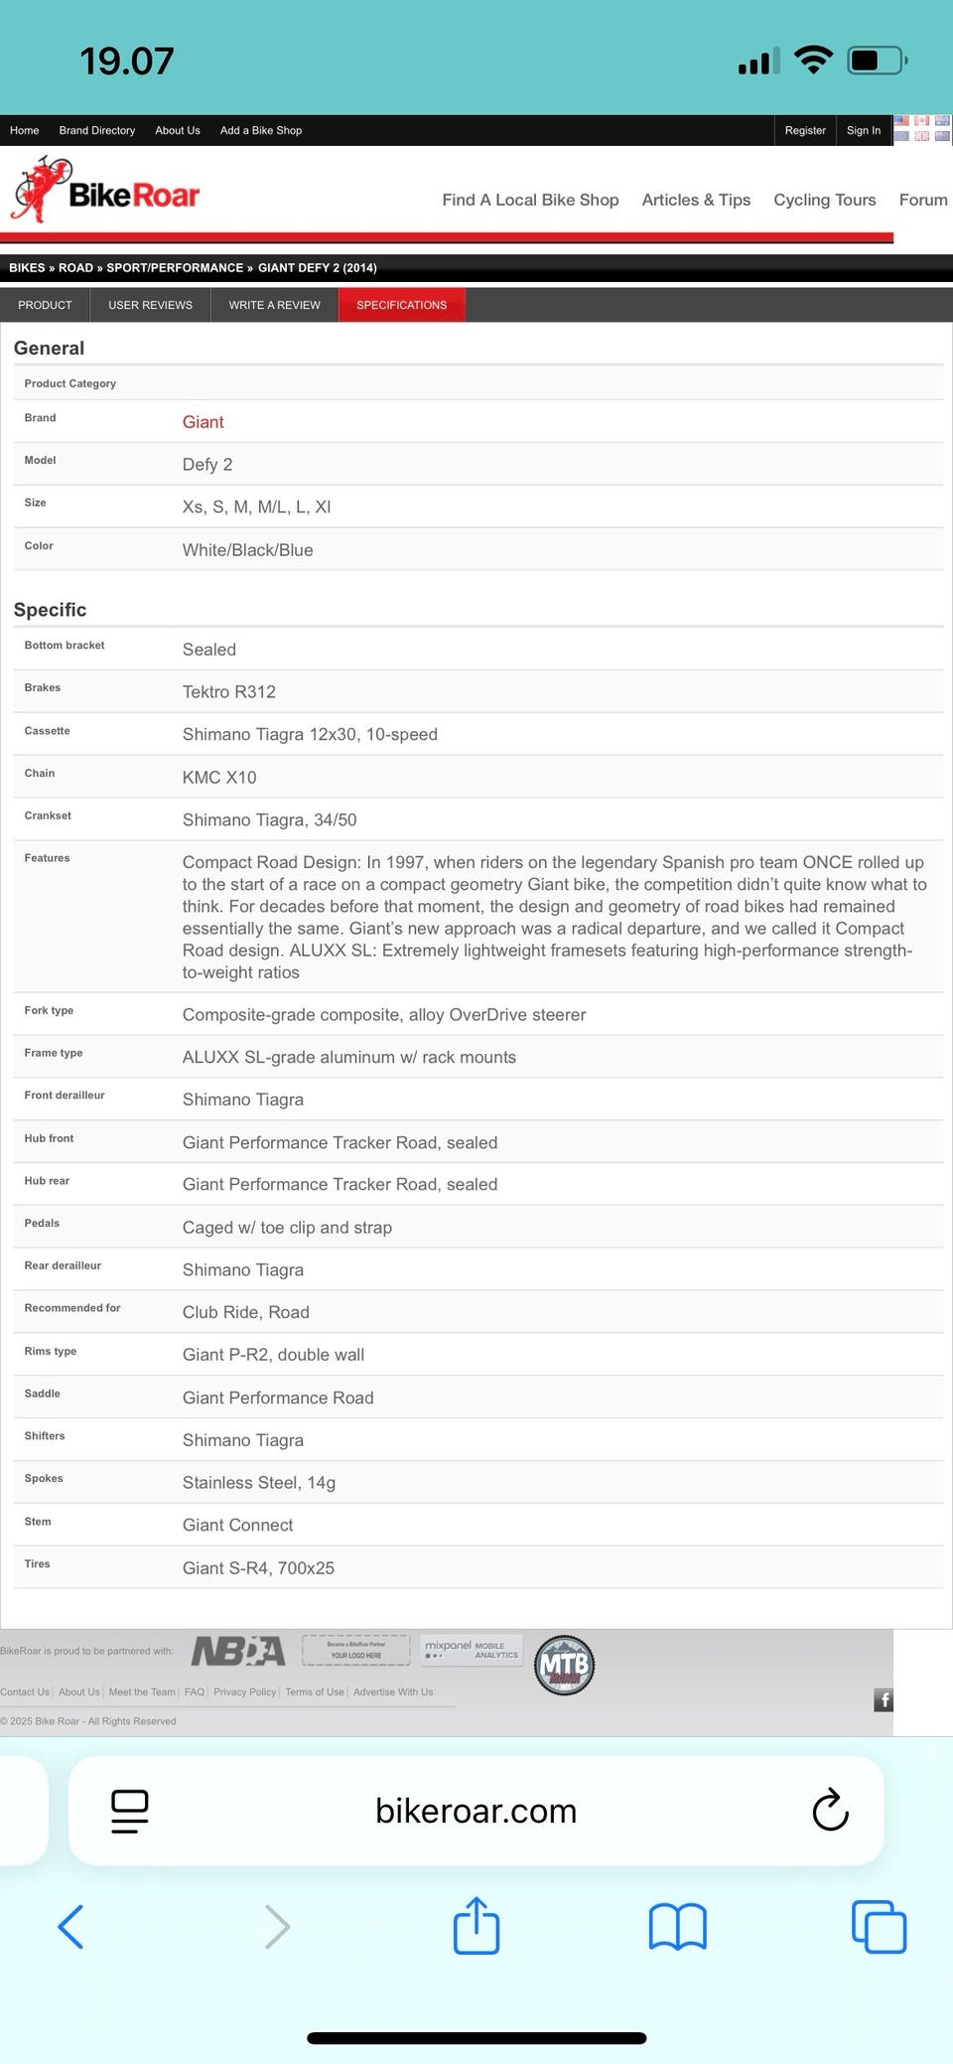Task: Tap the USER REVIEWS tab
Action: click(150, 305)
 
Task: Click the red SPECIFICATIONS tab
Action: click(401, 305)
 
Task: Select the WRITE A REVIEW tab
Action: click(274, 305)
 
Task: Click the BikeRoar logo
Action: click(106, 191)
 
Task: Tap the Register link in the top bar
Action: click(804, 130)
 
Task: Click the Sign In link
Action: click(863, 130)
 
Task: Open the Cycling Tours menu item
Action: click(824, 200)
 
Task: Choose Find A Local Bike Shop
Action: click(530, 200)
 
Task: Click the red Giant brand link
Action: click(203, 422)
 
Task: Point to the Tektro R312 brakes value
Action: click(228, 691)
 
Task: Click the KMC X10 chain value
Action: click(218, 777)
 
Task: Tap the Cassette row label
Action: click(47, 731)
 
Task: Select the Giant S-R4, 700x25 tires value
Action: click(258, 1567)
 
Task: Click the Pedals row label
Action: click(42, 1223)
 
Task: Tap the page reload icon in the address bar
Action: click(830, 1810)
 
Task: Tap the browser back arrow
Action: click(70, 1926)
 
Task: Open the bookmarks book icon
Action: click(677, 1926)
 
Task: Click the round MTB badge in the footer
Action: click(564, 1665)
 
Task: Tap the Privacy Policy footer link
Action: click(244, 1692)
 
